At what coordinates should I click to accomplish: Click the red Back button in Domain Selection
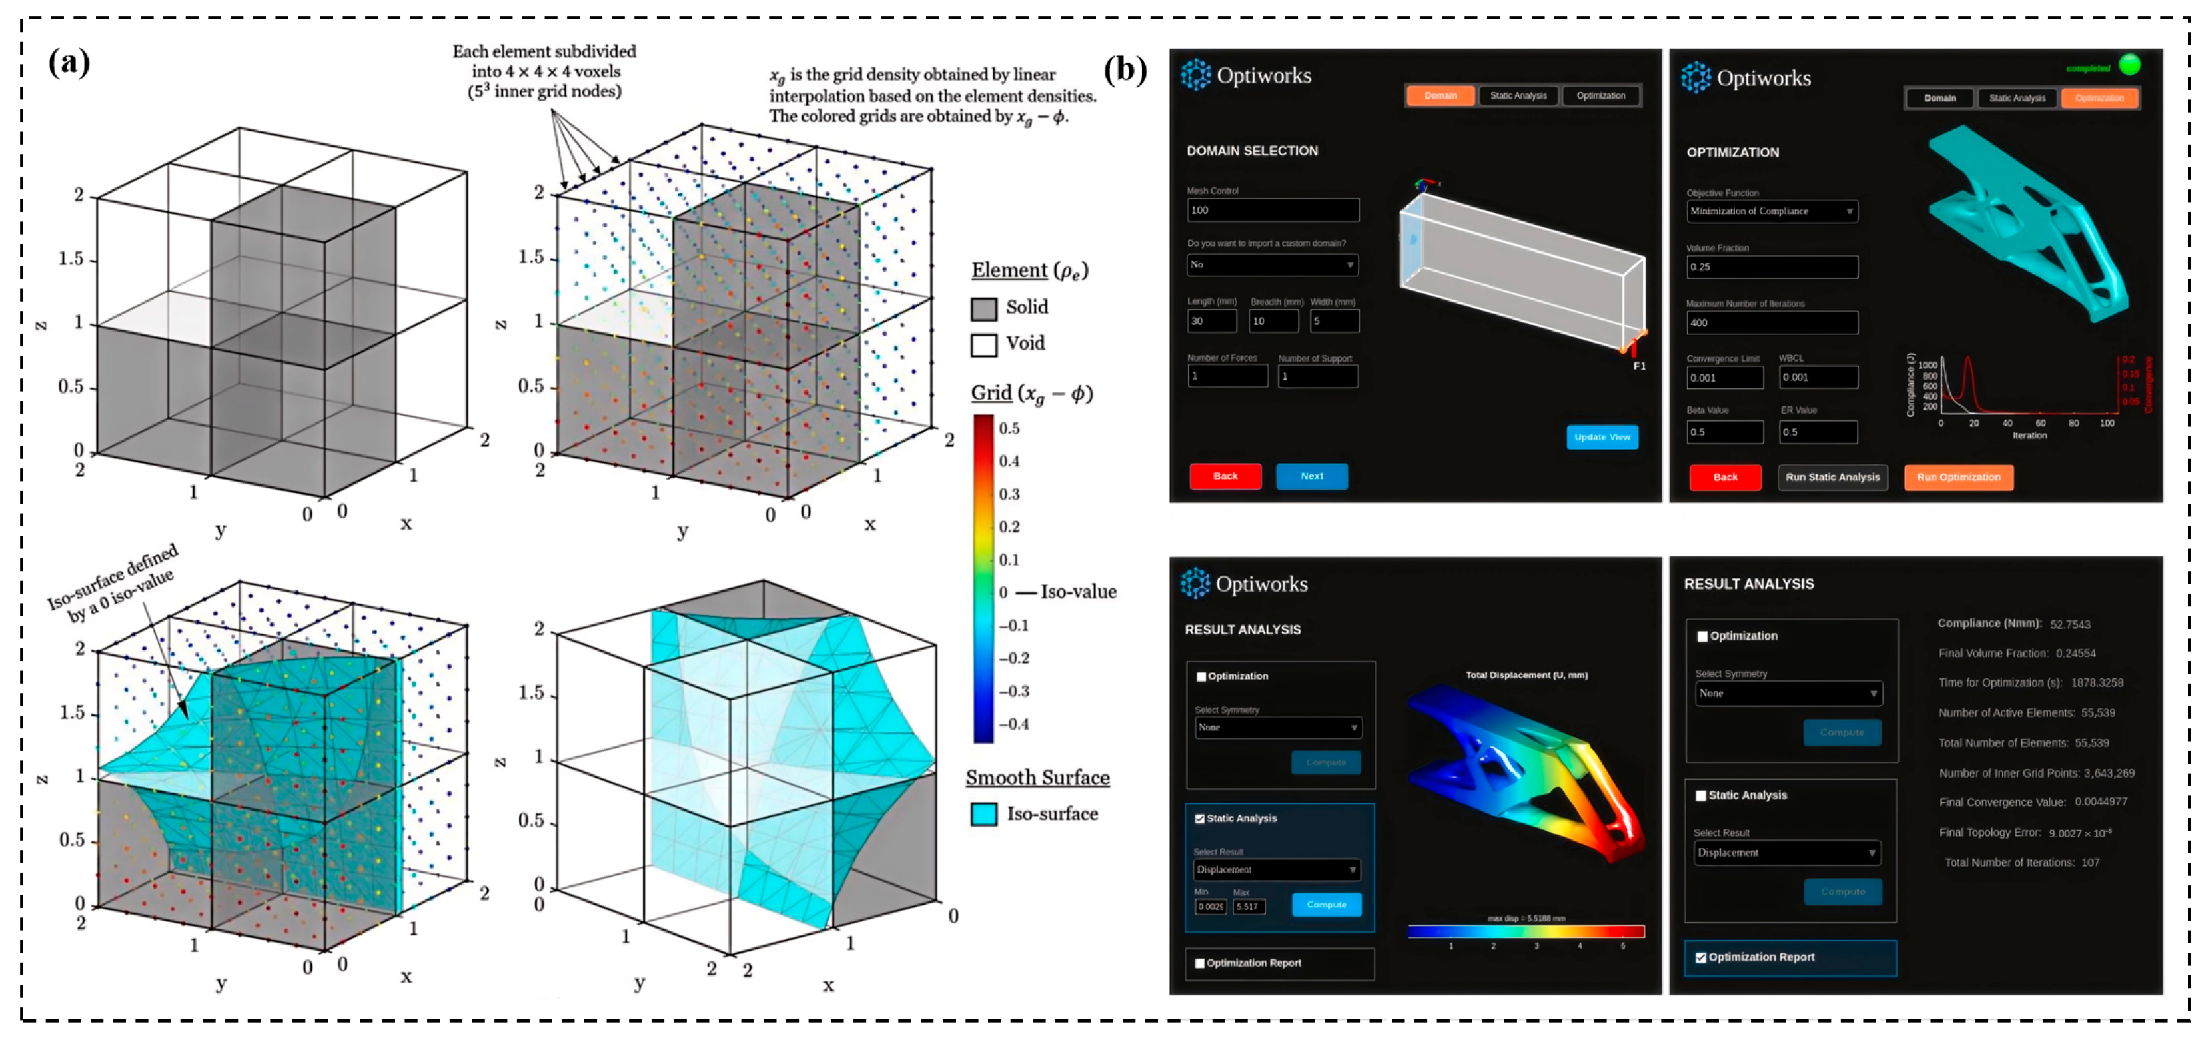point(1225,476)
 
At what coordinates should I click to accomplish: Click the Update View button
point(1602,437)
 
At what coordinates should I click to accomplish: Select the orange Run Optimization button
point(1958,478)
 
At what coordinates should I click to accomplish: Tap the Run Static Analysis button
point(1832,478)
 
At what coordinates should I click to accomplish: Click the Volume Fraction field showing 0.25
point(1771,267)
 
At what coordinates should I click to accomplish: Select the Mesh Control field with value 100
point(1273,210)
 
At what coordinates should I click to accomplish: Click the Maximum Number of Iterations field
point(1771,323)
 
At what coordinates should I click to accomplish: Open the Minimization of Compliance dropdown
point(1771,211)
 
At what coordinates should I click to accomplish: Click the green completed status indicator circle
point(2129,65)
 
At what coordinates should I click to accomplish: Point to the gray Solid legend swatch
point(983,308)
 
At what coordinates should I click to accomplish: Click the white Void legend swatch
point(983,344)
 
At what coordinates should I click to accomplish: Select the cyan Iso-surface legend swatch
point(983,814)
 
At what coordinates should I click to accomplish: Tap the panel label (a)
point(69,62)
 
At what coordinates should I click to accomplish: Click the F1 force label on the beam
point(1639,366)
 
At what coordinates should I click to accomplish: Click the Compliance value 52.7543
point(2069,624)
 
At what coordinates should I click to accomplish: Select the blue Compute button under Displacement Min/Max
point(1326,905)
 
